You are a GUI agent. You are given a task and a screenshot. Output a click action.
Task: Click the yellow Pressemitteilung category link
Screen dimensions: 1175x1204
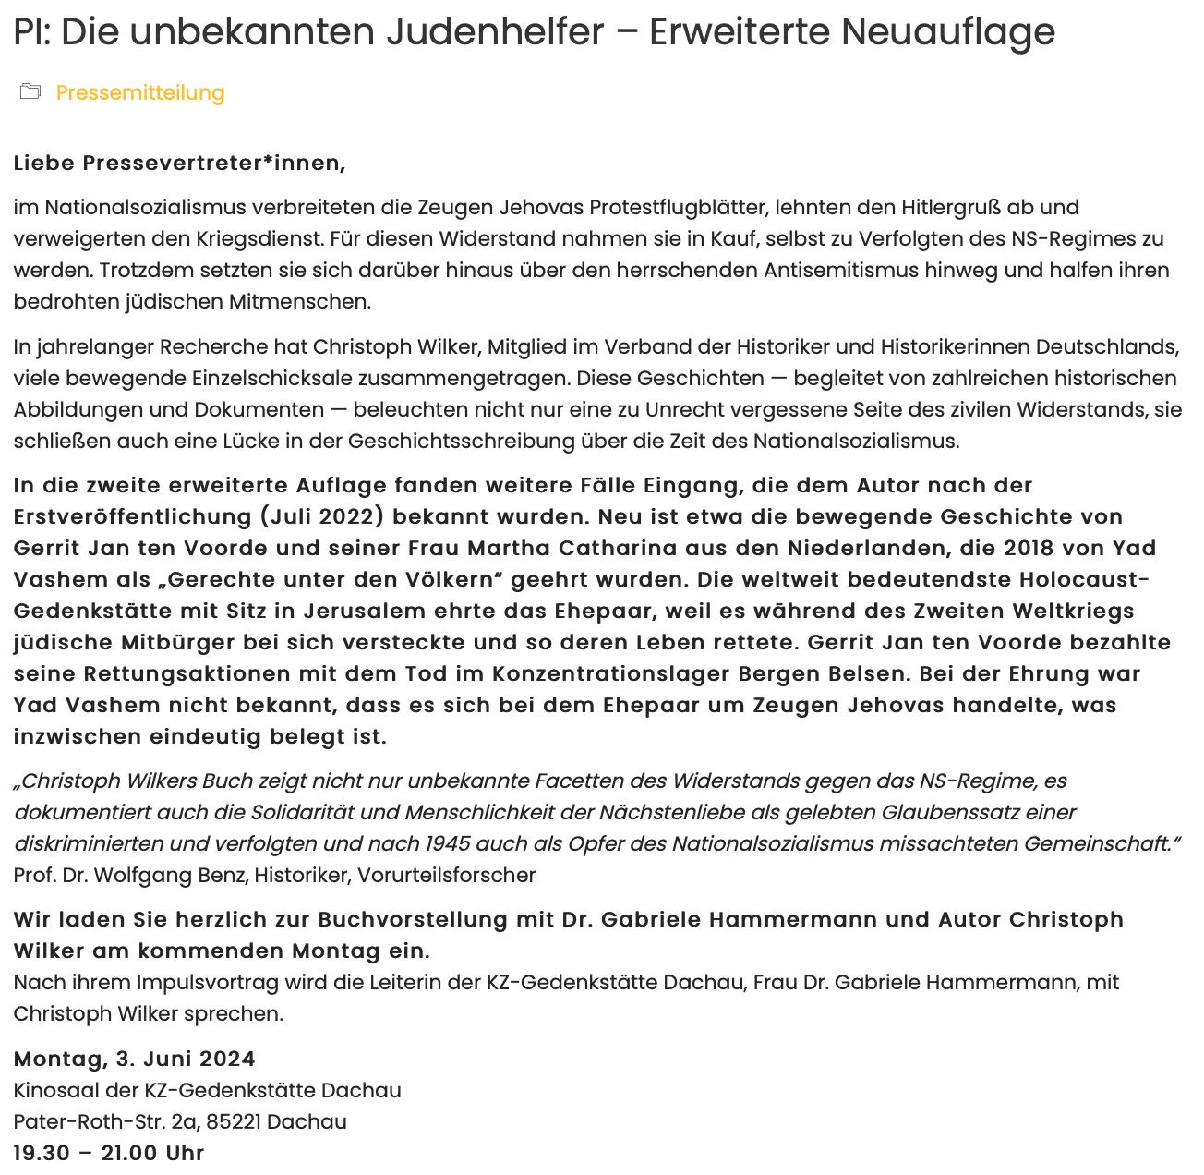pyautogui.click(x=140, y=92)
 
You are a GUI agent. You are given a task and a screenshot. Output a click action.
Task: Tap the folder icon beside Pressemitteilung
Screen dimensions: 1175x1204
pyautogui.click(x=30, y=91)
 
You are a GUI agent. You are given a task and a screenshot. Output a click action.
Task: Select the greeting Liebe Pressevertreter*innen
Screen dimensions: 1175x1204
pyautogui.click(x=179, y=164)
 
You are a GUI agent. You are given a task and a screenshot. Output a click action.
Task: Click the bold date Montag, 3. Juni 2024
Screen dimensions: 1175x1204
pyautogui.click(x=134, y=1059)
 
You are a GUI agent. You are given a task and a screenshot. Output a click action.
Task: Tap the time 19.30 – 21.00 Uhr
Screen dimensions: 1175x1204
pyautogui.click(x=109, y=1153)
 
